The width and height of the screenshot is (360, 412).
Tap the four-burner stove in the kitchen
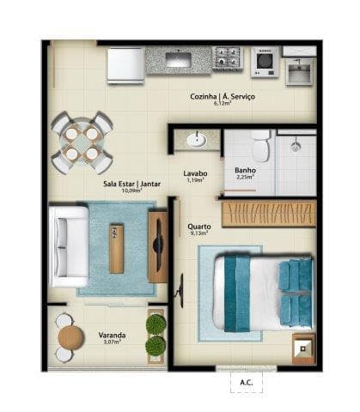[228, 60]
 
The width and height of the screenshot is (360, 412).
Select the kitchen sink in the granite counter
[180, 60]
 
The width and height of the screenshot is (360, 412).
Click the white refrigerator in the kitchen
[125, 64]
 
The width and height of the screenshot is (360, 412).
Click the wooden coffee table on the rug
[117, 247]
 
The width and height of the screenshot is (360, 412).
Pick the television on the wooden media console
[158, 246]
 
